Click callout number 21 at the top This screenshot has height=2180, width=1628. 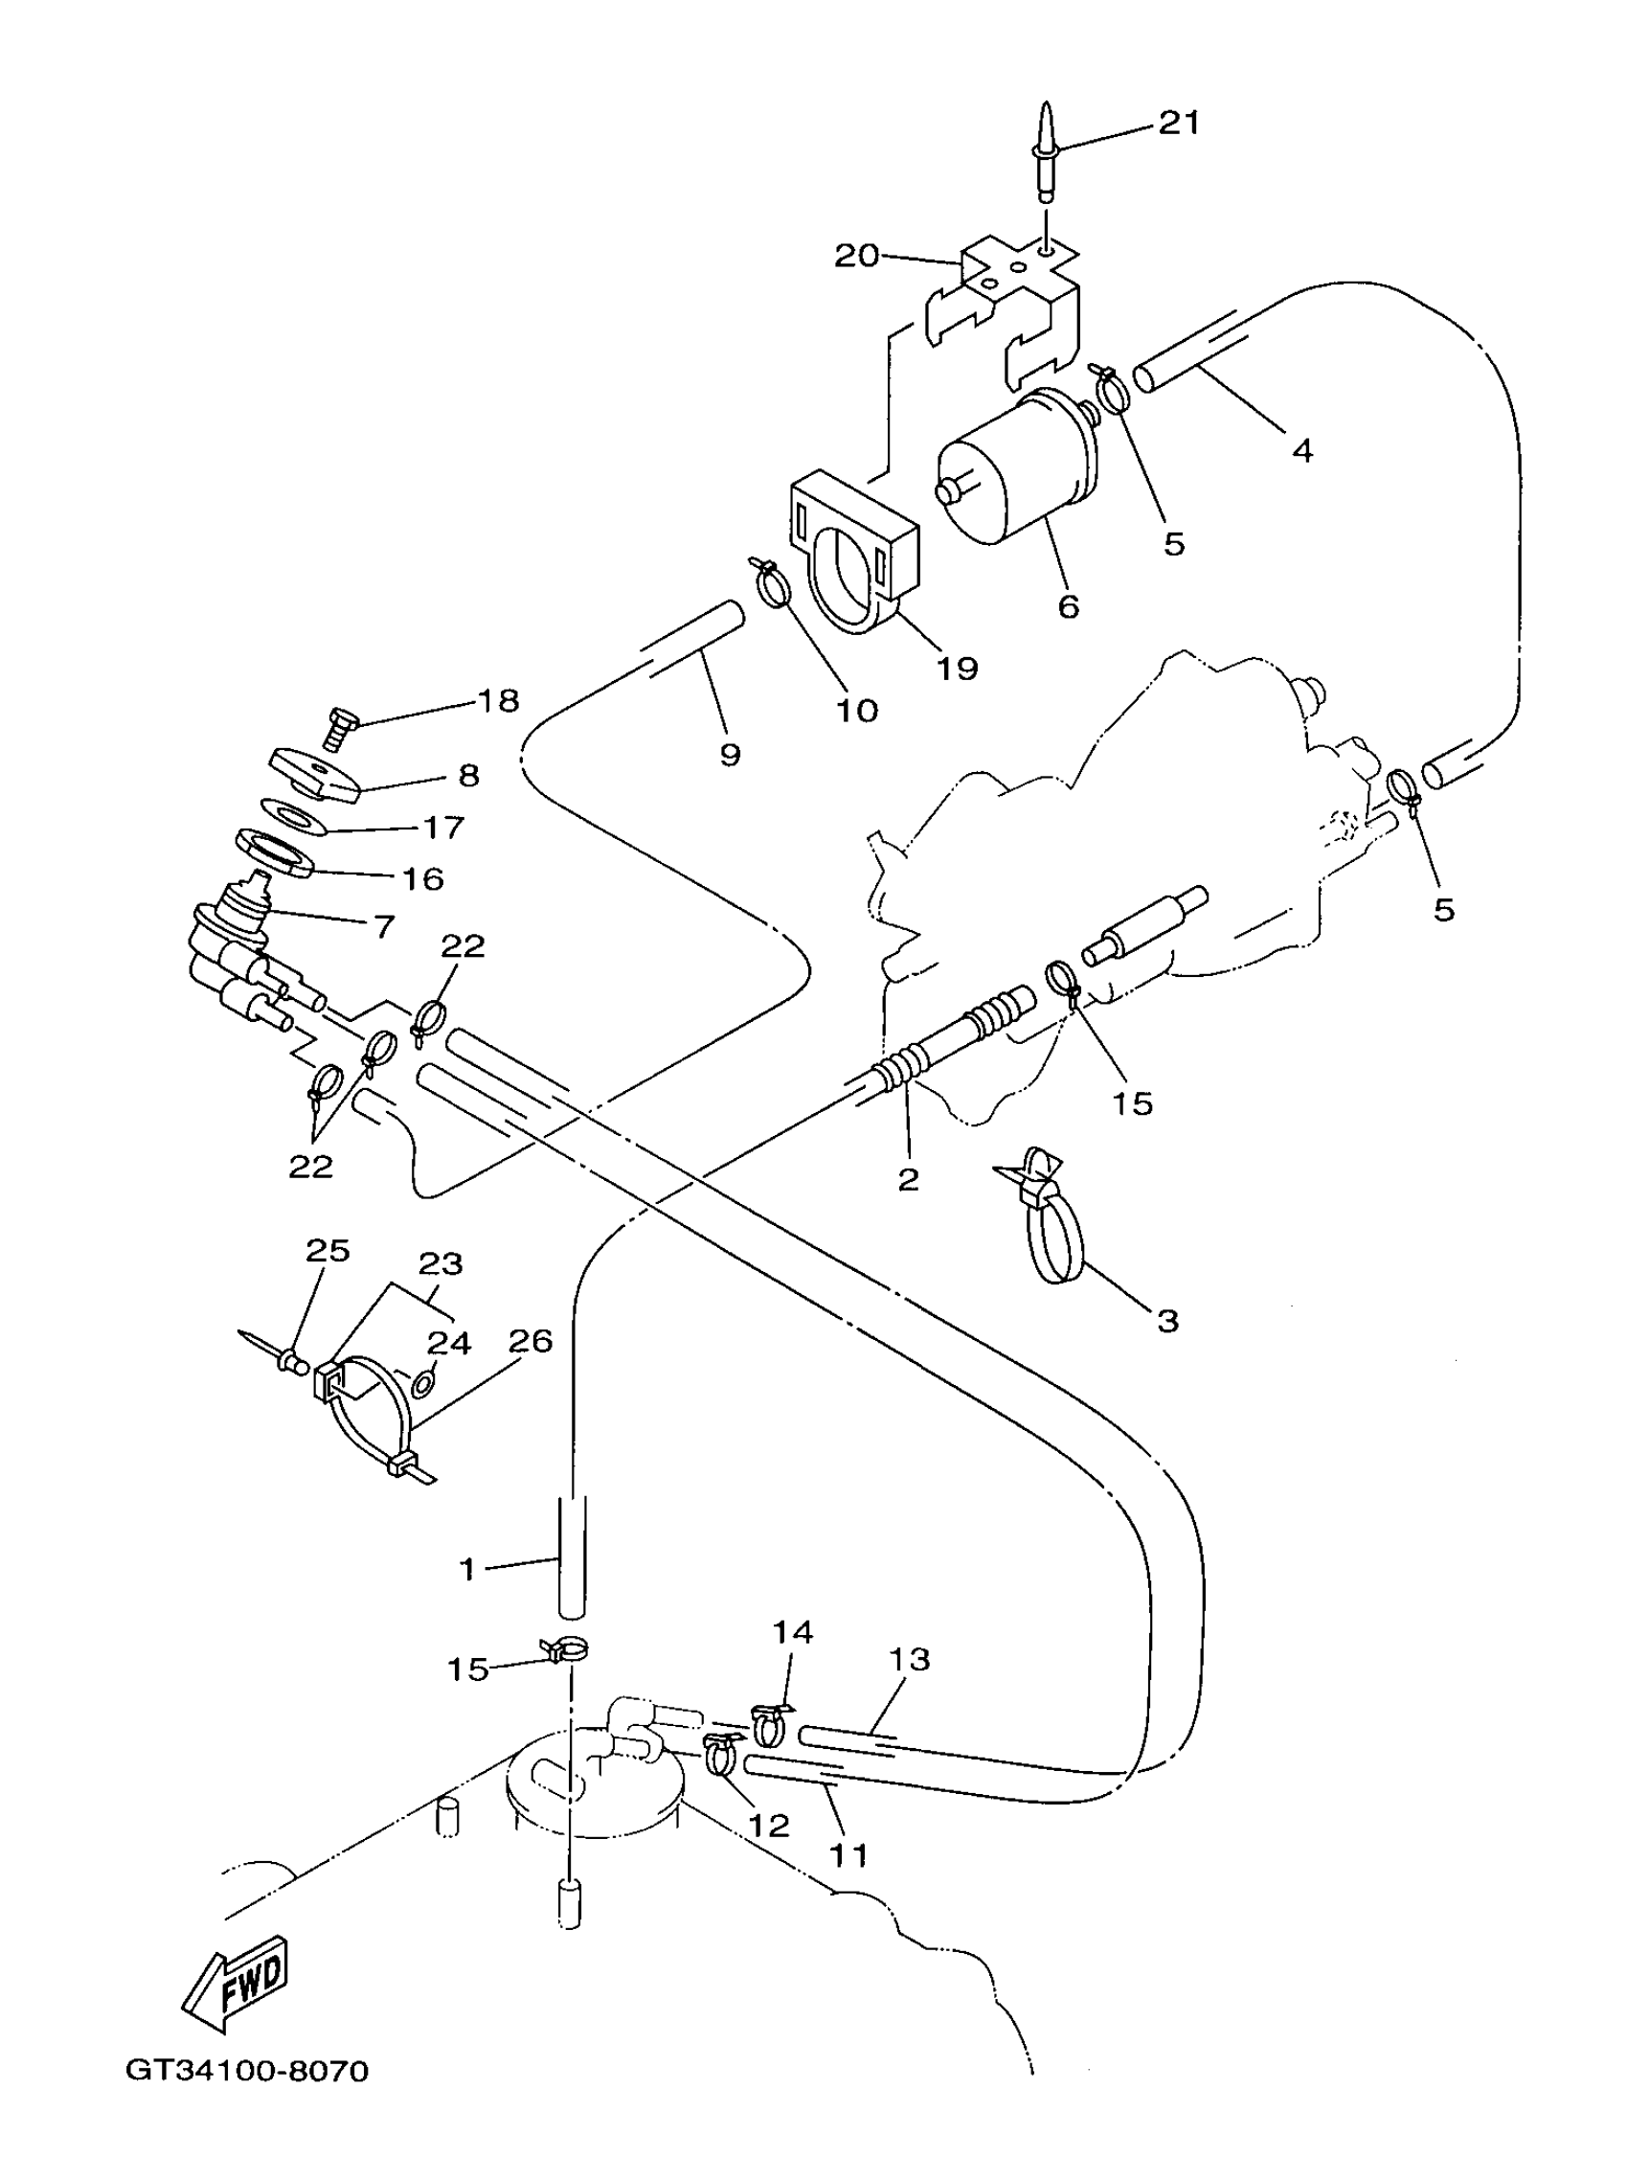coord(1179,124)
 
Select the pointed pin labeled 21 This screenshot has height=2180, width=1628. coord(1045,148)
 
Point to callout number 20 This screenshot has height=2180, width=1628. coord(855,257)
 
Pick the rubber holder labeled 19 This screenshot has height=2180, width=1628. coord(852,552)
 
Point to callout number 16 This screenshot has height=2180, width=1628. coord(422,878)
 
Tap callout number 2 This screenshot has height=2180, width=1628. coord(908,1179)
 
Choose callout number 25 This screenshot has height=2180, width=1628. coord(328,1251)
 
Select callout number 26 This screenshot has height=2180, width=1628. coord(531,1341)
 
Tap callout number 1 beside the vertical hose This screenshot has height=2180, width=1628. coord(468,1570)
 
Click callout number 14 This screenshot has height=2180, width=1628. coord(792,1633)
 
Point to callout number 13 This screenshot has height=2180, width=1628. coord(909,1660)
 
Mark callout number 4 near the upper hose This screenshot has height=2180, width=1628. coord(1301,451)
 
